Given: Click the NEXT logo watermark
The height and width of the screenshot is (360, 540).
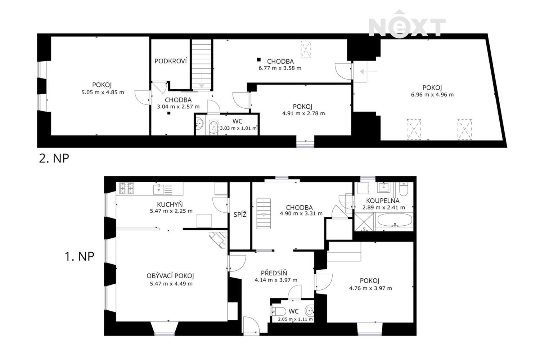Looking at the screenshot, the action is tap(407, 24).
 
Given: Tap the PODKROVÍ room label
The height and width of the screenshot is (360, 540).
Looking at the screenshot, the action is tap(170, 61).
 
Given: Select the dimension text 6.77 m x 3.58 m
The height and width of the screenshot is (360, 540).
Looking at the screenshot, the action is tap(280, 68).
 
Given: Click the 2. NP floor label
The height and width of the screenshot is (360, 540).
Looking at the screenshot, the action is tap(54, 158).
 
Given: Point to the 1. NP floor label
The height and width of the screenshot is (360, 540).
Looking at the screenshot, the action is tap(79, 256).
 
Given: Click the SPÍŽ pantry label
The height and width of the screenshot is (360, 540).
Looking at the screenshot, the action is tap(240, 214).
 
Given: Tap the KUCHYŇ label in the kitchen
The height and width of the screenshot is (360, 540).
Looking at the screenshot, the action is tap(170, 204).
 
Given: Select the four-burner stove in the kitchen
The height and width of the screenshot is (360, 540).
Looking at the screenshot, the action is tap(127, 188).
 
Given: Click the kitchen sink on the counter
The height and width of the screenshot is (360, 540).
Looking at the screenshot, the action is tap(159, 189).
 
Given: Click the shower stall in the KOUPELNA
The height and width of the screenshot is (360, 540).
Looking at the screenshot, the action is tap(364, 222).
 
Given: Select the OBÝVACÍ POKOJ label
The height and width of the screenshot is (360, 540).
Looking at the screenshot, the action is tap(170, 276).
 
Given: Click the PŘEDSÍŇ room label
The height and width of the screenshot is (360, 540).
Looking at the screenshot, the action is tap(274, 273).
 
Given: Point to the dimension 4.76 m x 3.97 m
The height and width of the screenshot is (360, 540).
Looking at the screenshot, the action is tap(370, 288).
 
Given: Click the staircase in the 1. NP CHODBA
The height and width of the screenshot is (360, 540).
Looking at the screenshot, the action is tap(264, 213).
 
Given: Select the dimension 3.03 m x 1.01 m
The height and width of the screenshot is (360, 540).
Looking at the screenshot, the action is tap(238, 128).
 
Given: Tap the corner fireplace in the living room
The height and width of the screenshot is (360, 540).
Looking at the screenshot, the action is tap(217, 240).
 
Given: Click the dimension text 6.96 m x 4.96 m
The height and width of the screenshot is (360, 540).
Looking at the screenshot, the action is tap(432, 95).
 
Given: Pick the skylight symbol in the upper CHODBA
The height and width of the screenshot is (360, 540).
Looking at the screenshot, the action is tap(306, 49).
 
